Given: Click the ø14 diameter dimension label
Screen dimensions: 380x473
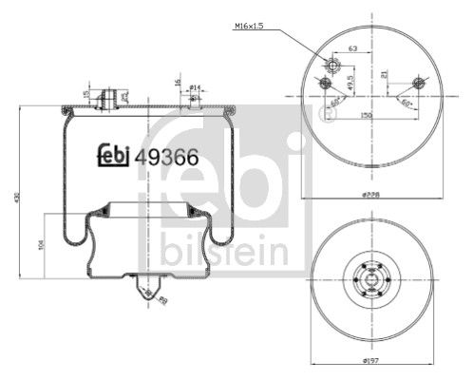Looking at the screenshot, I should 195,87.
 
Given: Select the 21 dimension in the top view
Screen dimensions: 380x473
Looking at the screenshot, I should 385,74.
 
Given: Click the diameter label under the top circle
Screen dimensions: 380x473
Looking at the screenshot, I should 371,195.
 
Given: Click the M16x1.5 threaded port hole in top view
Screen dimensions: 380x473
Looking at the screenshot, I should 333,64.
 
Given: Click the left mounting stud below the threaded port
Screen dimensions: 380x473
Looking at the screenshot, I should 326,84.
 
